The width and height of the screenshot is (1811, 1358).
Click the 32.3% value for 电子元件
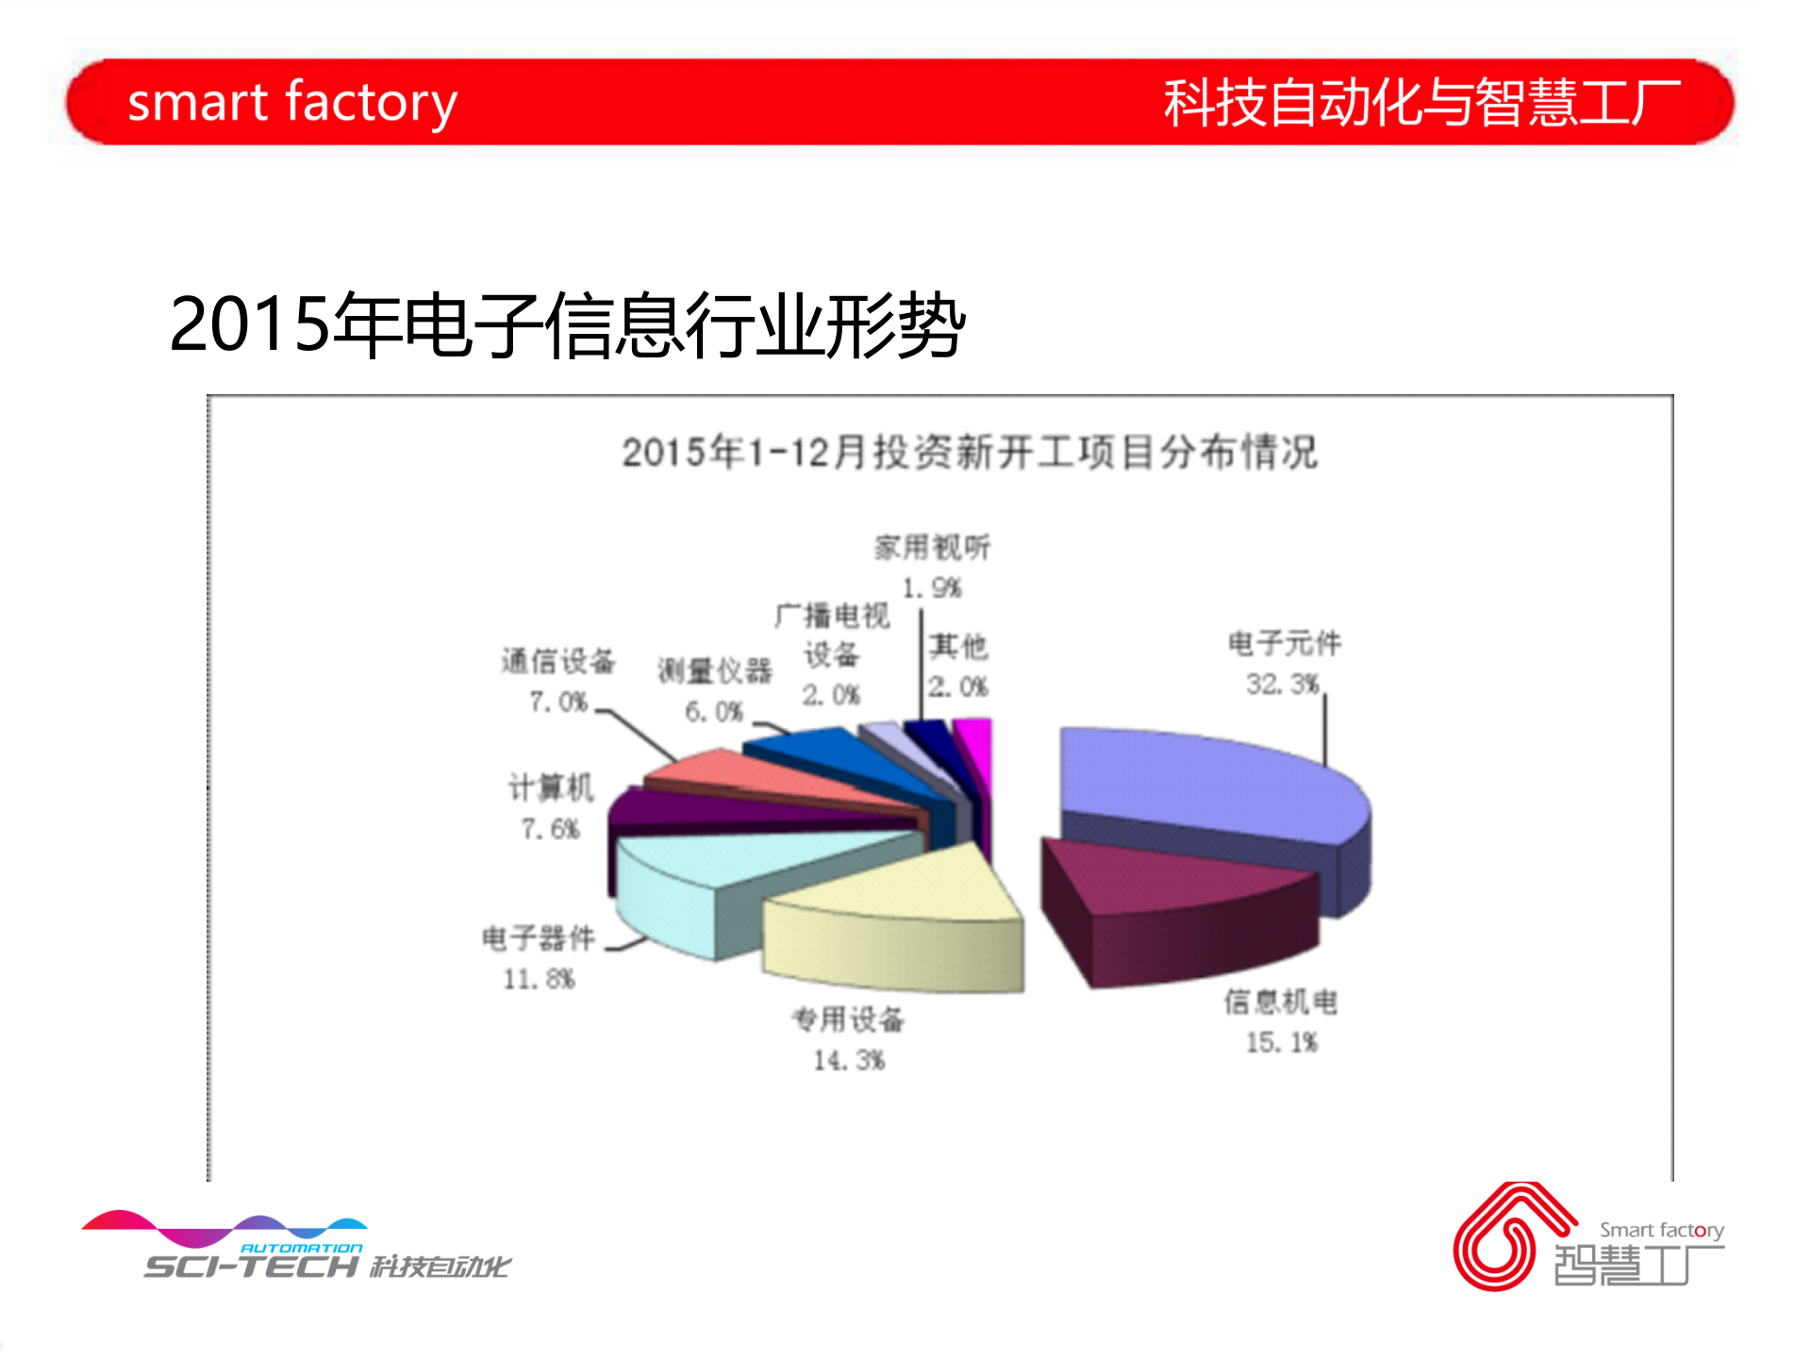pyautogui.click(x=1282, y=685)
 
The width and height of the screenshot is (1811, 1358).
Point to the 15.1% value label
pyautogui.click(x=1281, y=1043)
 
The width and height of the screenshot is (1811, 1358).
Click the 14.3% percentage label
pyautogui.click(x=849, y=1061)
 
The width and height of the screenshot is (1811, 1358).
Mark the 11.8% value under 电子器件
pyautogui.click(x=539, y=980)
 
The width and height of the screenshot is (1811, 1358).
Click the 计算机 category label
pyautogui.click(x=551, y=787)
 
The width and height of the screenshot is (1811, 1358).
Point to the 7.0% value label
pyautogui.click(x=558, y=703)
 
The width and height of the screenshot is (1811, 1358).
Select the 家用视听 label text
pyautogui.click(x=932, y=548)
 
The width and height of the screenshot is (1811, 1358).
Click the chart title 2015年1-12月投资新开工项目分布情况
pyautogui.click(x=969, y=453)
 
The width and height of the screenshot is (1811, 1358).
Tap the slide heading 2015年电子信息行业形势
pyautogui.click(x=567, y=324)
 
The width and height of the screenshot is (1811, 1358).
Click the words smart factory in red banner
pyautogui.click(x=292, y=102)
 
